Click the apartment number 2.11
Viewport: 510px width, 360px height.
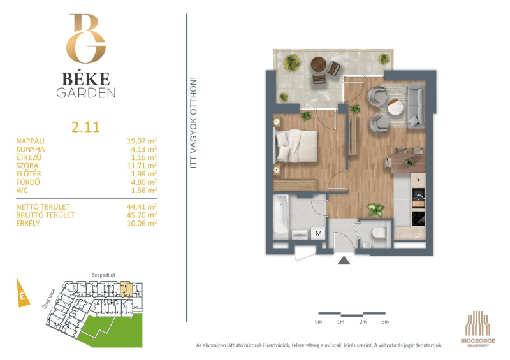pyautogui.click(x=85, y=127)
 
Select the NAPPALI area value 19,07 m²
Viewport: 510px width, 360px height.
pyautogui.click(x=142, y=141)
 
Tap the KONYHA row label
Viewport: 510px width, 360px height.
pyautogui.click(x=31, y=149)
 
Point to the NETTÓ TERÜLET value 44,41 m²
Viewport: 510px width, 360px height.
pyautogui.click(x=142, y=206)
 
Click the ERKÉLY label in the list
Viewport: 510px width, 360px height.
pyautogui.click(x=28, y=223)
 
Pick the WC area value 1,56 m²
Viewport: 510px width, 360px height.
pyautogui.click(x=144, y=191)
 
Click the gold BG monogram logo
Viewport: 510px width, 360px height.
pyautogui.click(x=86, y=38)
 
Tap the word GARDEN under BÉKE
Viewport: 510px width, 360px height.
pyautogui.click(x=86, y=93)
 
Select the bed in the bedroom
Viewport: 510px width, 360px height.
pyautogui.click(x=296, y=146)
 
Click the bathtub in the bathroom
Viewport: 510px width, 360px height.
pyautogui.click(x=280, y=213)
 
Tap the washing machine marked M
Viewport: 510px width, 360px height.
pyautogui.click(x=318, y=233)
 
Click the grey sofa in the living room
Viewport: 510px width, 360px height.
pyautogui.click(x=416, y=106)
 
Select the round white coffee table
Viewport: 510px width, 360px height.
pyautogui.click(x=395, y=107)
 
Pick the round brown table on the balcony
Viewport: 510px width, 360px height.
pyautogui.click(x=318, y=64)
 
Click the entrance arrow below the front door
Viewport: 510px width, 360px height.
pyautogui.click(x=344, y=261)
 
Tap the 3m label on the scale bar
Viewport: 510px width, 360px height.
pyautogui.click(x=386, y=322)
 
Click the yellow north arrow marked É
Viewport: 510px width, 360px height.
pyautogui.click(x=22, y=294)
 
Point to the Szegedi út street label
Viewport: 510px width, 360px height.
pyautogui.click(x=104, y=275)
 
